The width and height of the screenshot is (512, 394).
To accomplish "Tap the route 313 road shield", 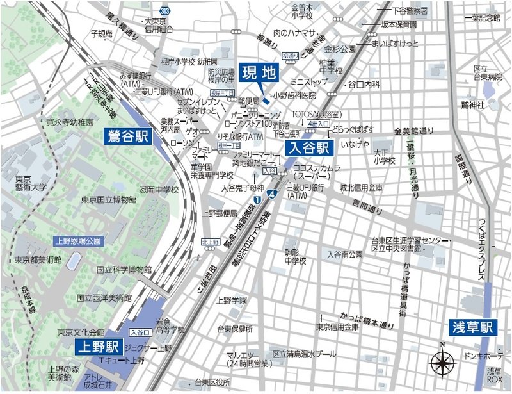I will (x=166, y=11).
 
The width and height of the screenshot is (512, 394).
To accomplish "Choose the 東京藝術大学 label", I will (x=31, y=183).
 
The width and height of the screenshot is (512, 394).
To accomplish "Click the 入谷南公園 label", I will (x=345, y=254).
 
